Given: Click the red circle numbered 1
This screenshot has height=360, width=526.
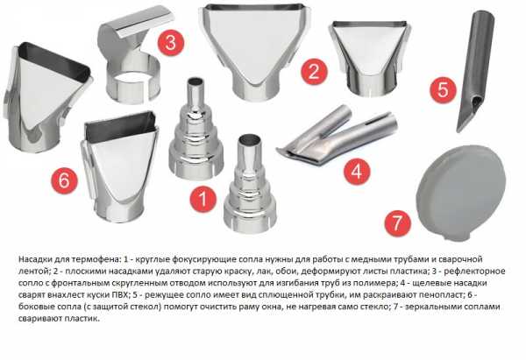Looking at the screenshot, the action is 203,199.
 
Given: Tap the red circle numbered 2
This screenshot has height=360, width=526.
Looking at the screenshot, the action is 314,72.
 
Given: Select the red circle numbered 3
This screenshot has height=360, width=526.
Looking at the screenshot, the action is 171,43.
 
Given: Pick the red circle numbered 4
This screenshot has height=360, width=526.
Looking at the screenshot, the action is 357,172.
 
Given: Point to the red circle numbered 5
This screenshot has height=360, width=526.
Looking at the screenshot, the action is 443,90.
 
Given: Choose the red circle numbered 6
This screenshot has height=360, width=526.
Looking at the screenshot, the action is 64,180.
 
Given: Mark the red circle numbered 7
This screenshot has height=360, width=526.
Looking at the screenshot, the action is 397,223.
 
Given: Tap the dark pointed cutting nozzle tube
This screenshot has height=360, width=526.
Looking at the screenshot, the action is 475,70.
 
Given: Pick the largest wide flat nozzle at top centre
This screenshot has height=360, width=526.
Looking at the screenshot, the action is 255,50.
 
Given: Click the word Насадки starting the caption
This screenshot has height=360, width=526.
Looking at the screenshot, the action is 34,259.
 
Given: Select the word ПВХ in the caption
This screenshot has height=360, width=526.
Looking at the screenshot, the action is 120,295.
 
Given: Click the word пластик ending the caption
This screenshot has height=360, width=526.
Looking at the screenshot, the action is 87,319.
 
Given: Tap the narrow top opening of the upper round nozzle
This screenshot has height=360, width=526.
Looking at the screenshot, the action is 196,81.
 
